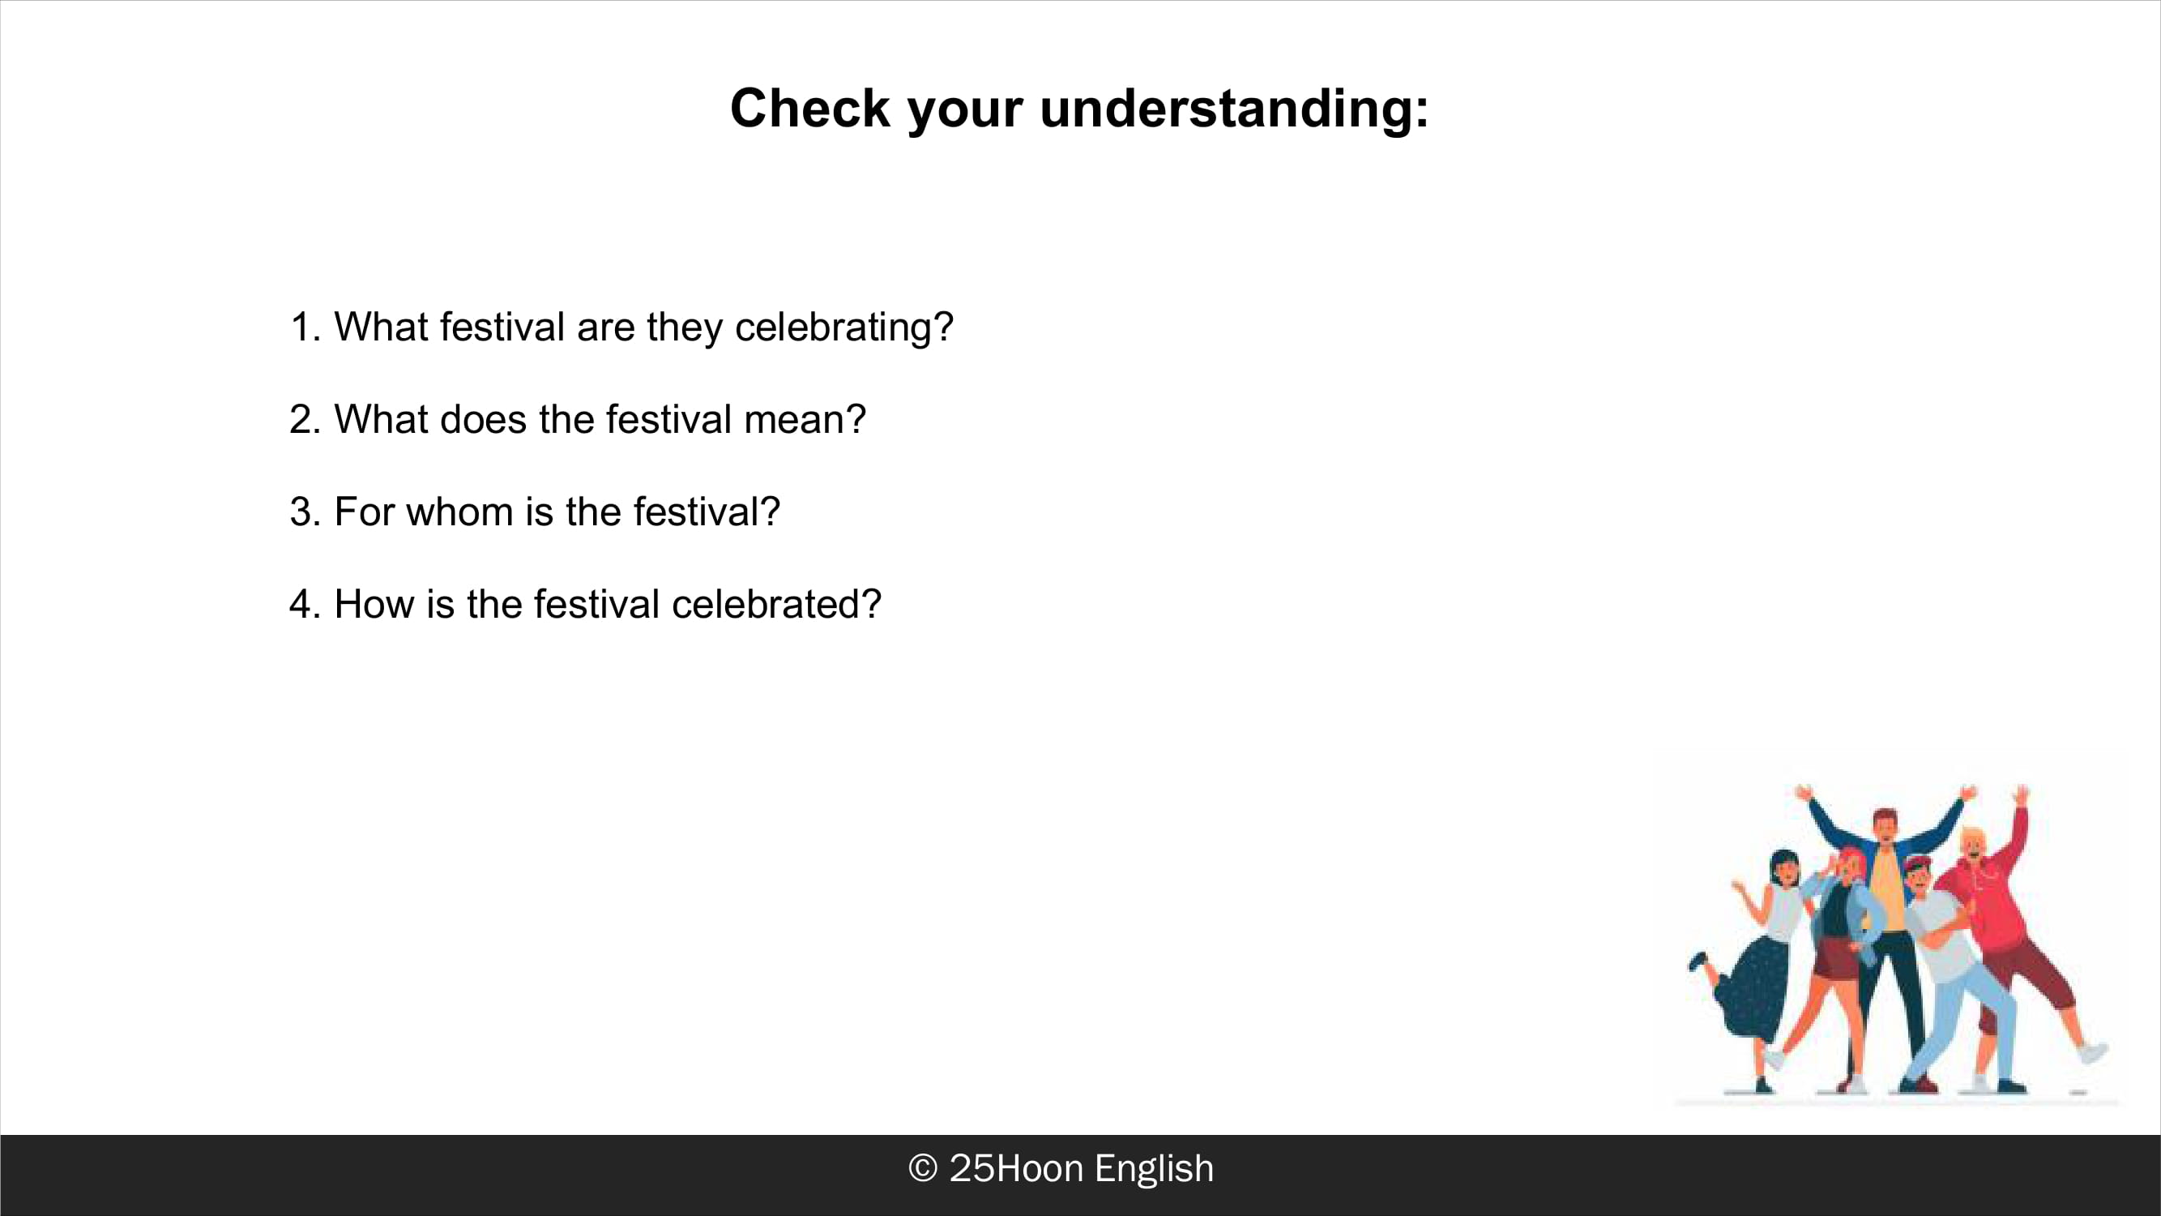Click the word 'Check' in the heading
[809, 109]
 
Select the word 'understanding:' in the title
[1234, 110]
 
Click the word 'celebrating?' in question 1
[844, 328]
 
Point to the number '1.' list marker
[306, 328]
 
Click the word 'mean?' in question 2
[805, 420]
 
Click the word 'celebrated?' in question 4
[777, 604]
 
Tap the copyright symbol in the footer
[923, 1168]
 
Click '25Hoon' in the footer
[1016, 1168]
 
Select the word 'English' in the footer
[1155, 1170]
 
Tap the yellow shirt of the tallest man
[1886, 889]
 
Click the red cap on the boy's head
[1918, 862]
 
